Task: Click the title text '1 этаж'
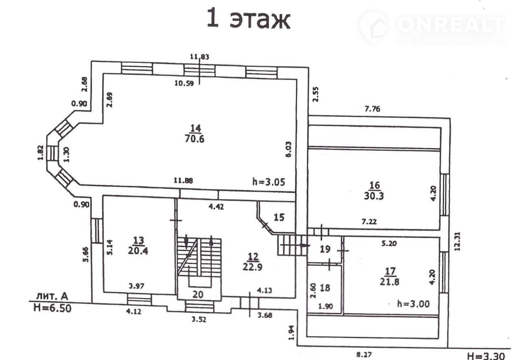click(248, 19)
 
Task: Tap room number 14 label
click(196, 128)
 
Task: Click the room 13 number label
click(138, 240)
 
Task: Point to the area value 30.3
click(374, 195)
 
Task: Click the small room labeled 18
click(324, 288)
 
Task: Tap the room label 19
click(325, 249)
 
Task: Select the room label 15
click(279, 217)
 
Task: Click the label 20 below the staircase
click(198, 294)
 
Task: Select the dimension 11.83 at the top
click(199, 57)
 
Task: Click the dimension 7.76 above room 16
click(373, 109)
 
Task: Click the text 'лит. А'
click(49, 295)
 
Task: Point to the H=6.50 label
click(52, 308)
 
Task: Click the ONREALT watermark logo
click(431, 27)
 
